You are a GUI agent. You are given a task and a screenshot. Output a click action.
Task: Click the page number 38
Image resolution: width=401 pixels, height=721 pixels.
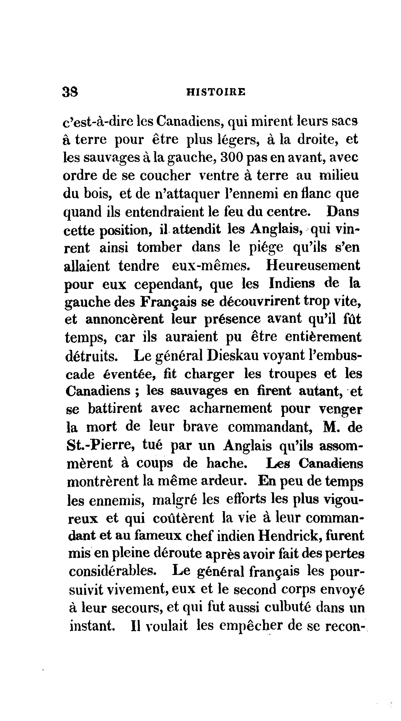click(70, 92)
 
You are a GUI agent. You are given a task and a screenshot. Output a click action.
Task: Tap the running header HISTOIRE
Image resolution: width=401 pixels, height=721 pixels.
click(216, 92)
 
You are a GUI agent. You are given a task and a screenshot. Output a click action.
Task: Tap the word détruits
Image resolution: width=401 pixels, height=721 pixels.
click(91, 356)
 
